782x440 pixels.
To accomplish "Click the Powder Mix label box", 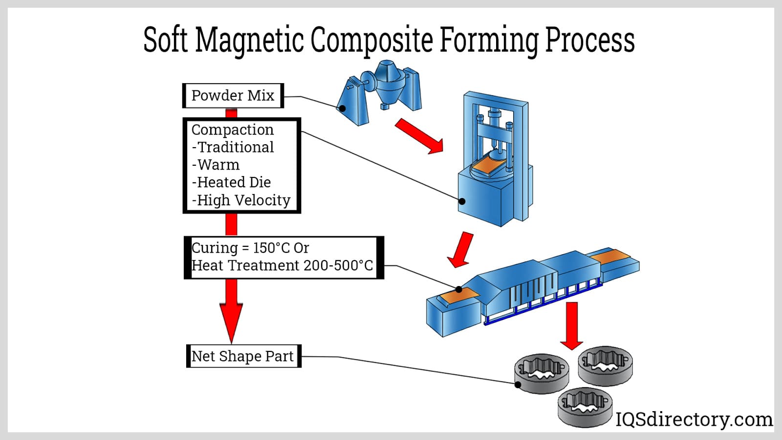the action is pos(233,95).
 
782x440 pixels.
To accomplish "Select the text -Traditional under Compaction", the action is pos(233,147).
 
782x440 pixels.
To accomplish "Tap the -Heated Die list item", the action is pos(231,182).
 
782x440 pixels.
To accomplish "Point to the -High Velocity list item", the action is pos(241,200).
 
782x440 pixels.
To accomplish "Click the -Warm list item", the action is pos(216,165).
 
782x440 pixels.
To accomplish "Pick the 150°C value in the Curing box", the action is pos(271,248).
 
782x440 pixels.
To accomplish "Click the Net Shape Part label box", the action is pos(244,356).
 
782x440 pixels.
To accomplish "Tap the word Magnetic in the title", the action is pos(249,40).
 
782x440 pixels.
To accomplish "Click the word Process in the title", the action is pos(589,40).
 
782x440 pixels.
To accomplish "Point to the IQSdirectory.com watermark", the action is pos(694,419).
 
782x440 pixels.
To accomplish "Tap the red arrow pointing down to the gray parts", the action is pos(571,326).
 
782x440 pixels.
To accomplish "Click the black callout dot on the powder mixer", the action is pos(343,109).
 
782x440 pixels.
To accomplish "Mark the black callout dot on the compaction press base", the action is pos(462,201).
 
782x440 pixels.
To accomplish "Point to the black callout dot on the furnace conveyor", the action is pos(459,289).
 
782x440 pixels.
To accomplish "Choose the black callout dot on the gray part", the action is pos(518,384).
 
